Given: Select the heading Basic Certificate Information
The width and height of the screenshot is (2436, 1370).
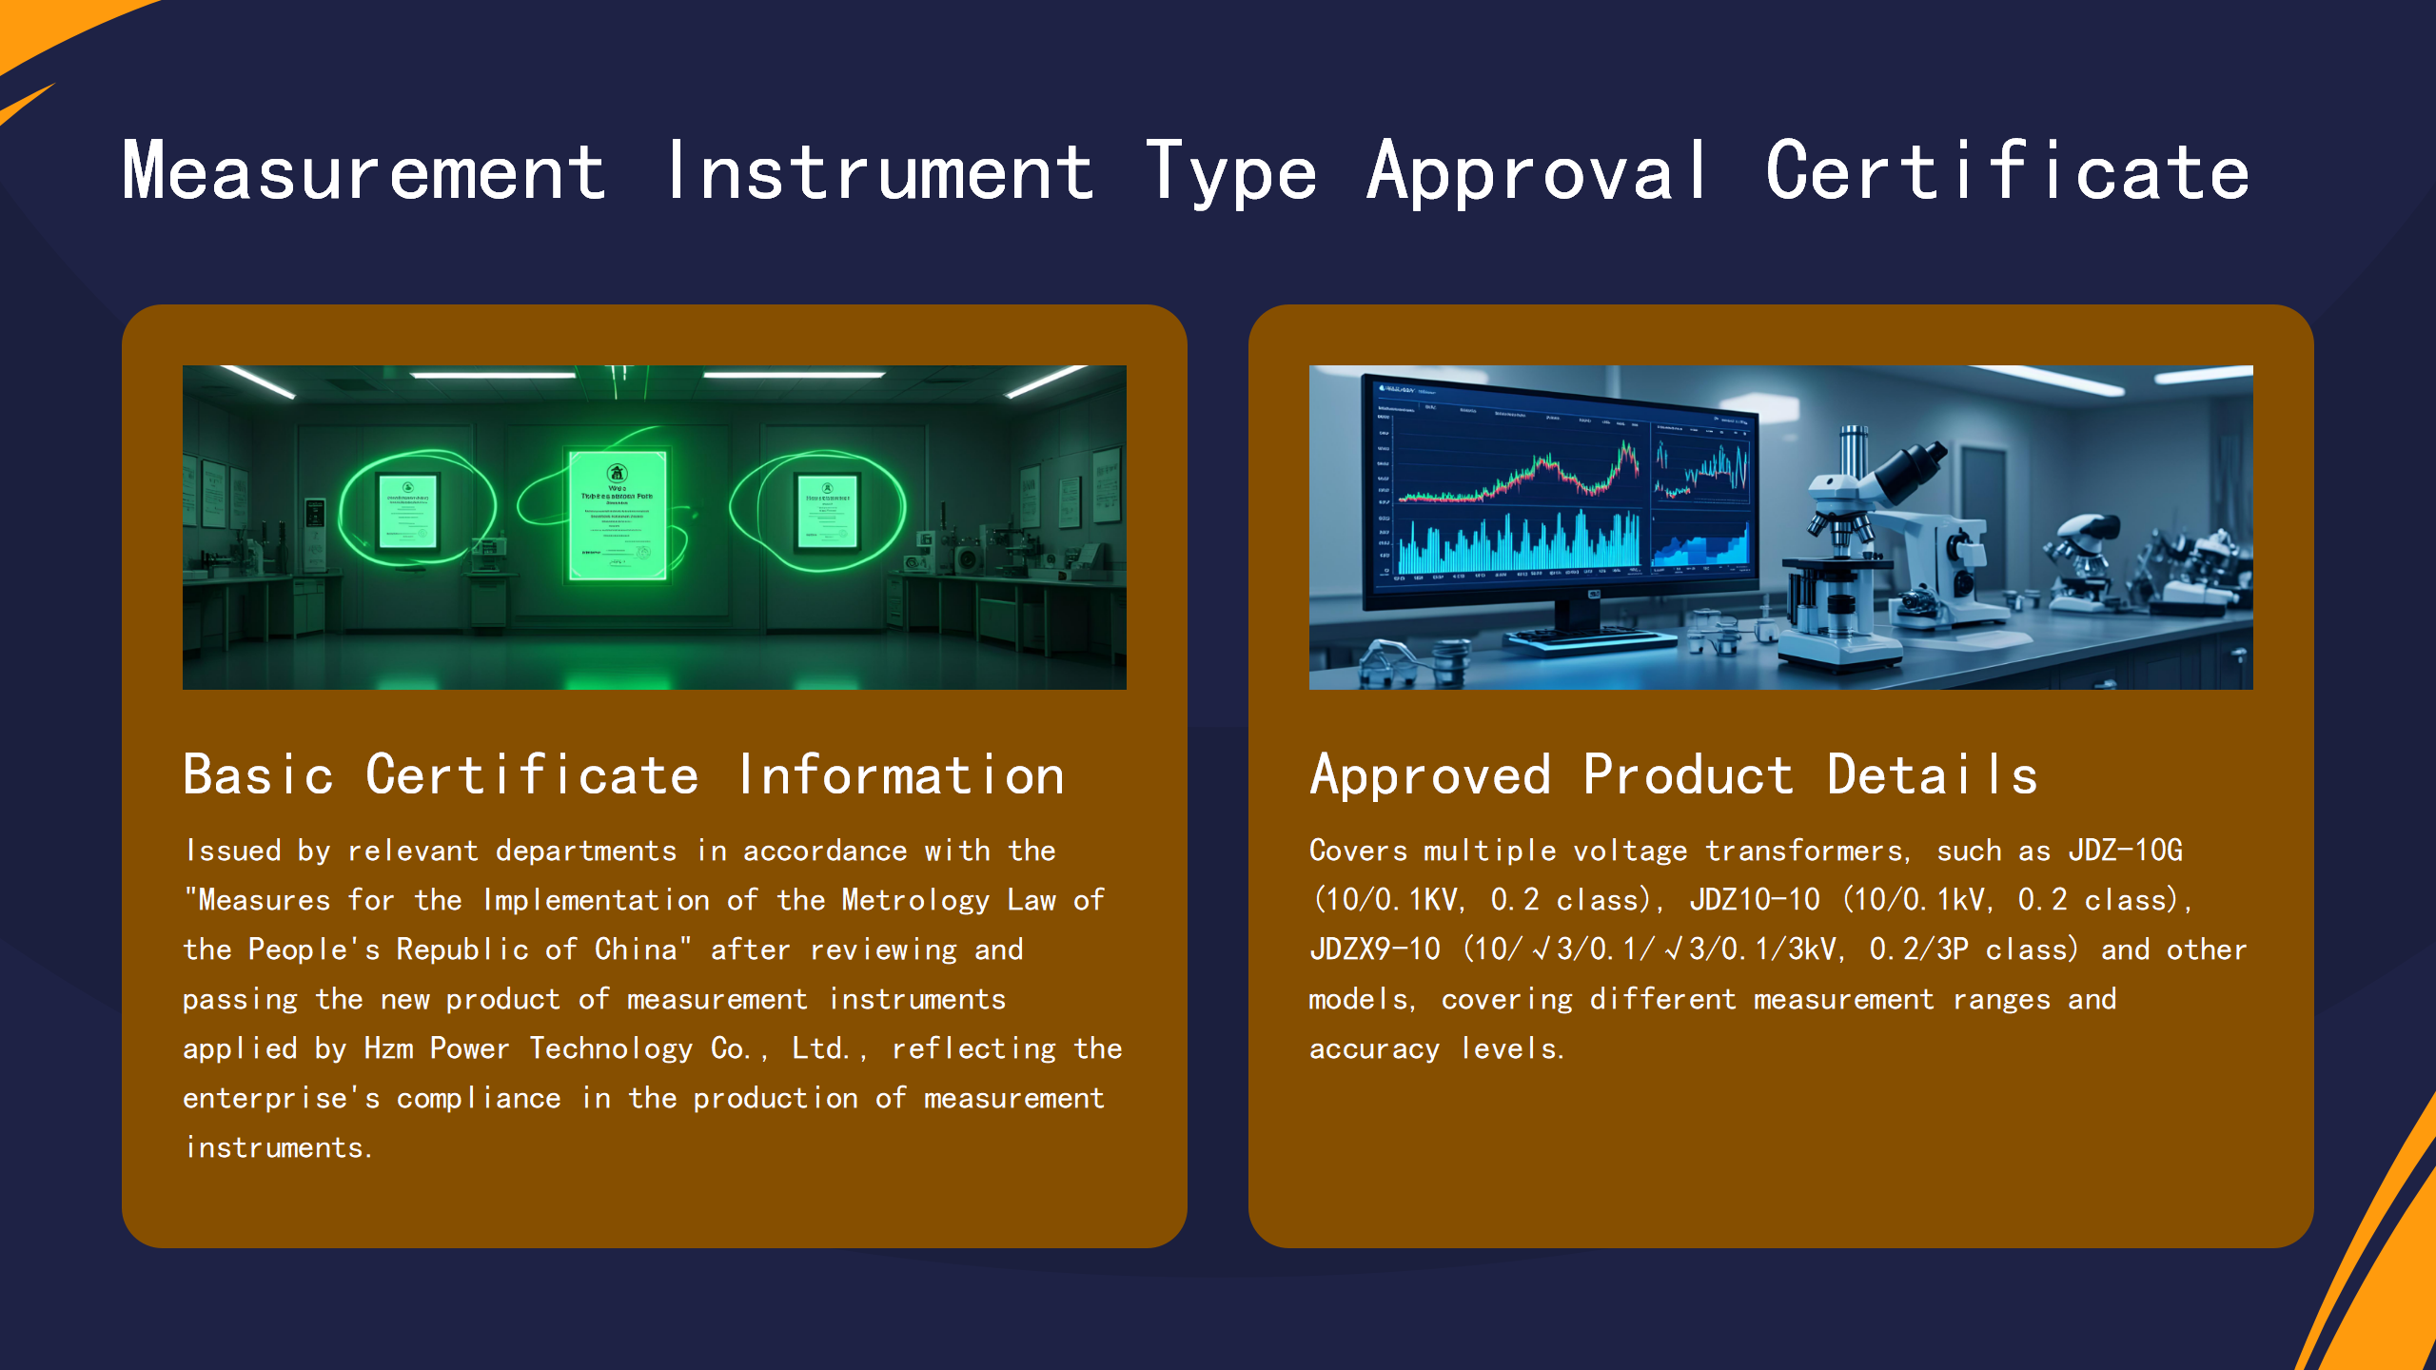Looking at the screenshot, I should click(x=623, y=774).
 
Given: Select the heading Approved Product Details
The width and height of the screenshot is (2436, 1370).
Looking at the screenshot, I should click(x=1673, y=774).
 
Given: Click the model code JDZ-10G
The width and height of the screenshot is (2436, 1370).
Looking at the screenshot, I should click(x=2125, y=851).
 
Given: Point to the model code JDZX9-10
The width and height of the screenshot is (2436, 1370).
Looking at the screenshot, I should click(x=1374, y=949).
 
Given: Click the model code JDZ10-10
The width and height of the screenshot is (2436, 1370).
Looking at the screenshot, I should click(x=1754, y=900).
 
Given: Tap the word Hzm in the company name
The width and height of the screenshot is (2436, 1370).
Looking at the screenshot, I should click(x=388, y=1048).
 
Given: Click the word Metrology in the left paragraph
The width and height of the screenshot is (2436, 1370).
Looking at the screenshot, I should click(x=915, y=900).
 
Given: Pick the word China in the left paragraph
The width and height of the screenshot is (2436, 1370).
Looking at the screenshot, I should click(x=636, y=949).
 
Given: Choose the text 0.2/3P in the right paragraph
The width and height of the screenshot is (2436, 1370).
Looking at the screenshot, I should click(x=1918, y=949).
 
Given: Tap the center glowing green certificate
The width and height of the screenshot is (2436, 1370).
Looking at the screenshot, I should click(x=618, y=514).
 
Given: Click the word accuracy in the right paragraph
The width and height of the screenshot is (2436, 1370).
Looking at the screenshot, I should click(x=1374, y=1048).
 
